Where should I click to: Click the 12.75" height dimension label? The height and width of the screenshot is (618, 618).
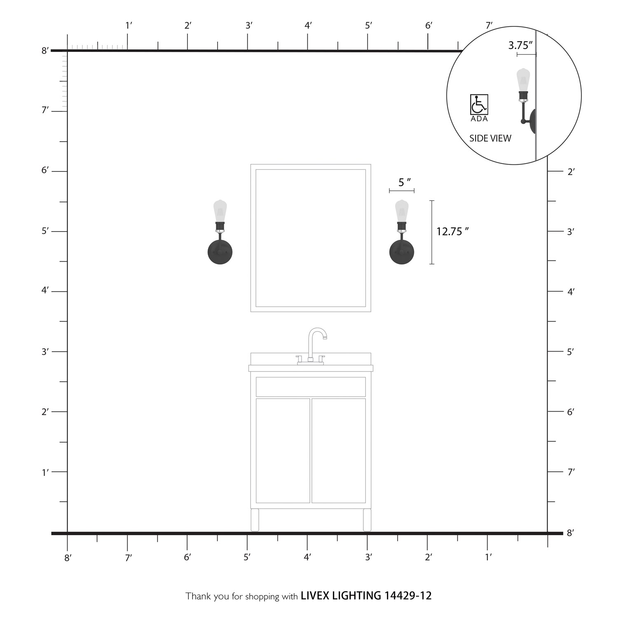(x=453, y=232)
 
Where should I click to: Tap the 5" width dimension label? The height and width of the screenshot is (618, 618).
(x=405, y=182)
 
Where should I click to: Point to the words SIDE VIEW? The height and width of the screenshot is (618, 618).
(x=490, y=138)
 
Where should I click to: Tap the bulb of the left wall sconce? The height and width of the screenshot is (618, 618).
(x=220, y=211)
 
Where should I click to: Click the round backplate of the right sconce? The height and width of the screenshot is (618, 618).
(x=402, y=252)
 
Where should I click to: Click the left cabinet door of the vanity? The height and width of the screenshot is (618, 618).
(x=283, y=451)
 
